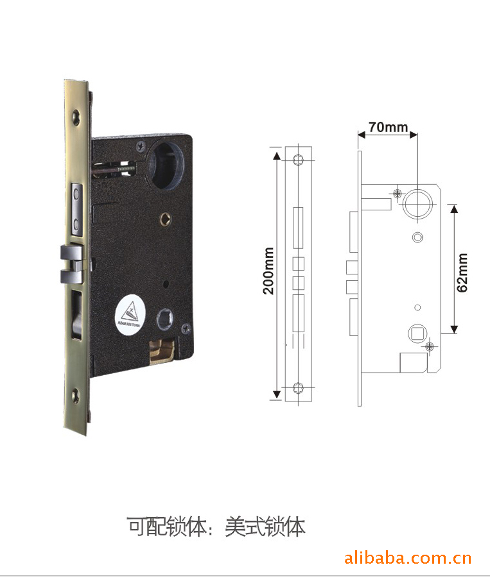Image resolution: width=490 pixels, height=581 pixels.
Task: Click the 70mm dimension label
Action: pyautogui.click(x=387, y=126)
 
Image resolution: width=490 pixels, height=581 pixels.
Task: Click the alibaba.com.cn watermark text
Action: pyautogui.click(x=408, y=559)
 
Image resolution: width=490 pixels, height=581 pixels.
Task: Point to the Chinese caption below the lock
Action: pyautogui.click(x=216, y=527)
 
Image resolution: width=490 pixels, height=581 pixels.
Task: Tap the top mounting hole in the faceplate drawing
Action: pyautogui.click(x=297, y=160)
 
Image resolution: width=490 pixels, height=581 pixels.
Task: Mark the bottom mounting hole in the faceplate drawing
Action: pyautogui.click(x=297, y=387)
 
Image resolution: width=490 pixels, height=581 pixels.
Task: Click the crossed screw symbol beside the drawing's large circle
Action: pyautogui.click(x=398, y=192)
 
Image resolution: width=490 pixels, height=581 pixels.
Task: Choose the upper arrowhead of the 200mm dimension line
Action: pyautogui.click(x=276, y=156)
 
